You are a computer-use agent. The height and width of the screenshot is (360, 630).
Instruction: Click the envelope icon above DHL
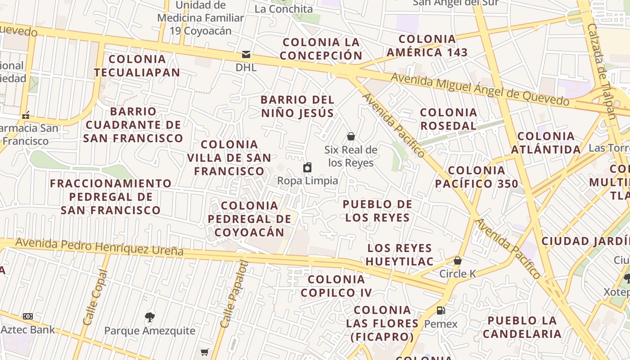tap(246, 54)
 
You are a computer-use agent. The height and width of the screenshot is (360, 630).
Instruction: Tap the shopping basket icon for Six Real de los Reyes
tap(351, 136)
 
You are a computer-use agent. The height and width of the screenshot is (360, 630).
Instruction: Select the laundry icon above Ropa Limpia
tap(307, 168)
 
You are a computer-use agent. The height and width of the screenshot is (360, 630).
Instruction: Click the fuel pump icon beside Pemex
tap(441, 310)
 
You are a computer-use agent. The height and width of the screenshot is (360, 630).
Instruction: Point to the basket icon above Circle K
tap(458, 261)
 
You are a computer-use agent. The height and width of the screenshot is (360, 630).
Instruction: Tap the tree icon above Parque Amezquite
tap(150, 317)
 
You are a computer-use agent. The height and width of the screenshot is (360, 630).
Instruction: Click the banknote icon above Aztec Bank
tap(28, 316)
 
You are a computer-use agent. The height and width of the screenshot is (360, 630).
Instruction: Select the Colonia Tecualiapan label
tap(137, 66)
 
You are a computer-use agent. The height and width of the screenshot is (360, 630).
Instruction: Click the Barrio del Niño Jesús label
tap(297, 106)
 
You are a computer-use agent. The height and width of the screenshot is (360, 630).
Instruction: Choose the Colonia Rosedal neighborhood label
tap(448, 119)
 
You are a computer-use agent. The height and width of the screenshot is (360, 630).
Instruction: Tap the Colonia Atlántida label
tap(546, 143)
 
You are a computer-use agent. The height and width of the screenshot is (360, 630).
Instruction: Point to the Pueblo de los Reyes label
tap(377, 211)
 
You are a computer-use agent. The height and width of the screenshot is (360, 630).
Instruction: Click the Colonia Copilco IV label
tap(336, 286)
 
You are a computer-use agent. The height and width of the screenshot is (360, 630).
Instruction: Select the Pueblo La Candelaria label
tap(522, 327)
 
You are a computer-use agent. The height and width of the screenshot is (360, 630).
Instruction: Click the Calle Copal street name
tap(96, 297)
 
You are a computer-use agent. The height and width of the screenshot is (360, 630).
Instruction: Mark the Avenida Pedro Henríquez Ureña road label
tap(99, 247)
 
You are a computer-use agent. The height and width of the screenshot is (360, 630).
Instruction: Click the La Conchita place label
tap(283, 9)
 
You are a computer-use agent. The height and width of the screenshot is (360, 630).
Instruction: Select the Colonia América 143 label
tap(427, 46)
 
